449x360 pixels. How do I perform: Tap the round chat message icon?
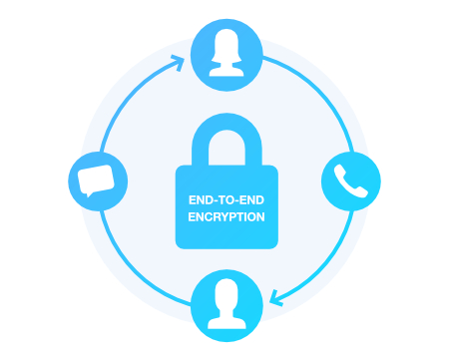[93, 181]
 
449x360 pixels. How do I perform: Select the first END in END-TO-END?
[198, 199]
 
